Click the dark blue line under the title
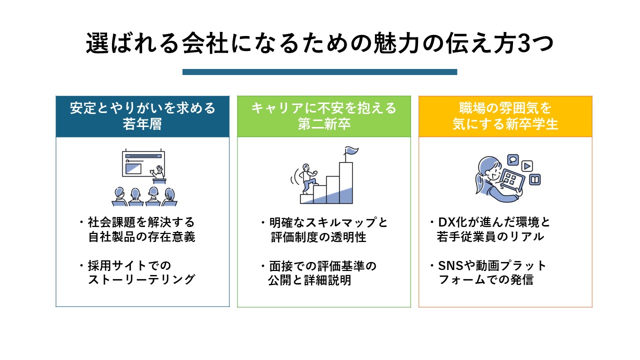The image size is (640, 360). [x=319, y=72]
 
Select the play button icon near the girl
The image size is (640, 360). [x=527, y=166]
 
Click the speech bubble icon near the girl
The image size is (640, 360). [x=512, y=159]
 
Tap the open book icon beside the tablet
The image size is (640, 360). [x=535, y=179]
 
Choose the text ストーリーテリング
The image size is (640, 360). [x=141, y=280]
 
